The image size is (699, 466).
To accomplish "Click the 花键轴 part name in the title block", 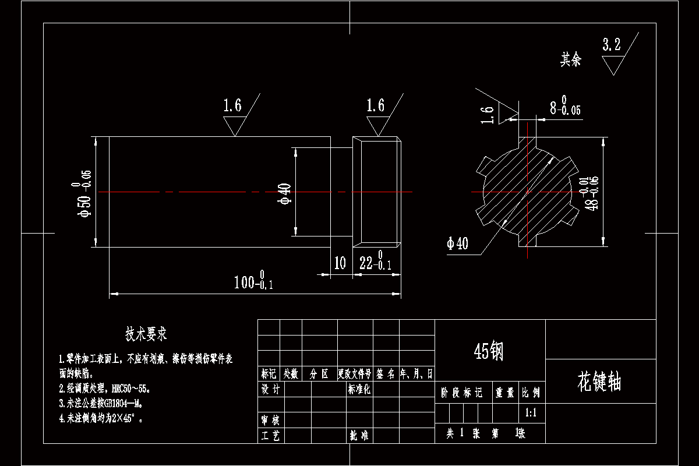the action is (x=599, y=383).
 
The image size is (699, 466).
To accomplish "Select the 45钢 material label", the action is (x=489, y=351).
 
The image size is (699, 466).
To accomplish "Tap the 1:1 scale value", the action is (x=531, y=414).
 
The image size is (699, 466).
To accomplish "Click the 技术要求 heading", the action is (x=146, y=334).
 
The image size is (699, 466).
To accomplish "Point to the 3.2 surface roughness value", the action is (x=611, y=45).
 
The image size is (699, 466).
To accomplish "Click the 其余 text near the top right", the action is (x=571, y=59).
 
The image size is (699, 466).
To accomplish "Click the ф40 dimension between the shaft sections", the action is (x=286, y=193).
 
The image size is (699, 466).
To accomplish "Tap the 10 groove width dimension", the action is (x=340, y=263).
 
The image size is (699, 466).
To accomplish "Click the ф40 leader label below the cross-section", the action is (x=457, y=243).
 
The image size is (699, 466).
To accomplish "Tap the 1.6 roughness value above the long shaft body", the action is (x=232, y=105).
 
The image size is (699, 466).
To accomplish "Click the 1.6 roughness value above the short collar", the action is (x=375, y=105).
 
